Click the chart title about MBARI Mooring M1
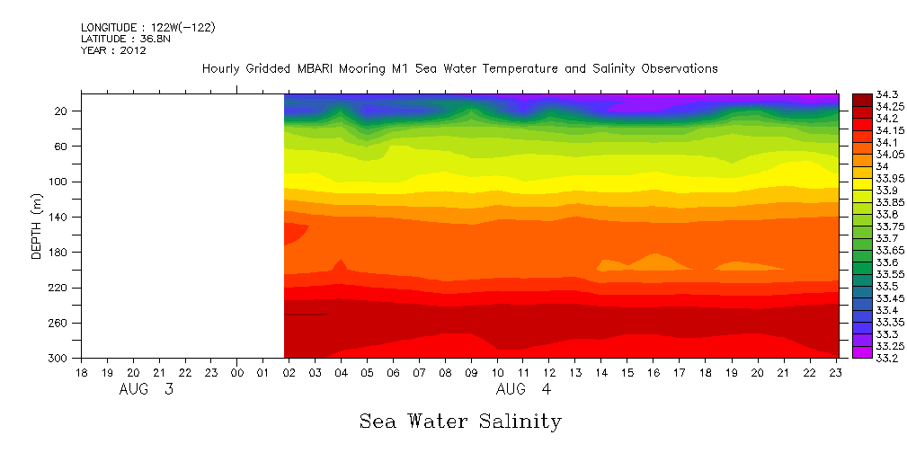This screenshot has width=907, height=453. point(459,69)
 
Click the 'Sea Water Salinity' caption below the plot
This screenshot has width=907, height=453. point(460,421)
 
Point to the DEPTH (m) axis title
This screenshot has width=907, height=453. point(37,225)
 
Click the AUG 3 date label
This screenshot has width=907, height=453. point(147,391)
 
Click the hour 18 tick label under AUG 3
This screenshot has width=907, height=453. point(82,372)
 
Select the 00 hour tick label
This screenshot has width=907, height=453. point(237,372)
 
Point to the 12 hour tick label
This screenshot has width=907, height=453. point(549,372)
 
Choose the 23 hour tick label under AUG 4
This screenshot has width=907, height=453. point(835,372)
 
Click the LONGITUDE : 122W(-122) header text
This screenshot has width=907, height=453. point(147,28)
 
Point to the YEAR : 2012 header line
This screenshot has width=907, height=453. point(113,50)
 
